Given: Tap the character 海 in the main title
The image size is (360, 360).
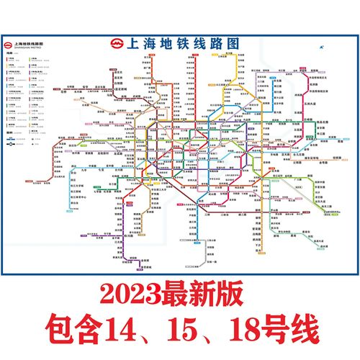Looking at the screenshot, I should point(150,42).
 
